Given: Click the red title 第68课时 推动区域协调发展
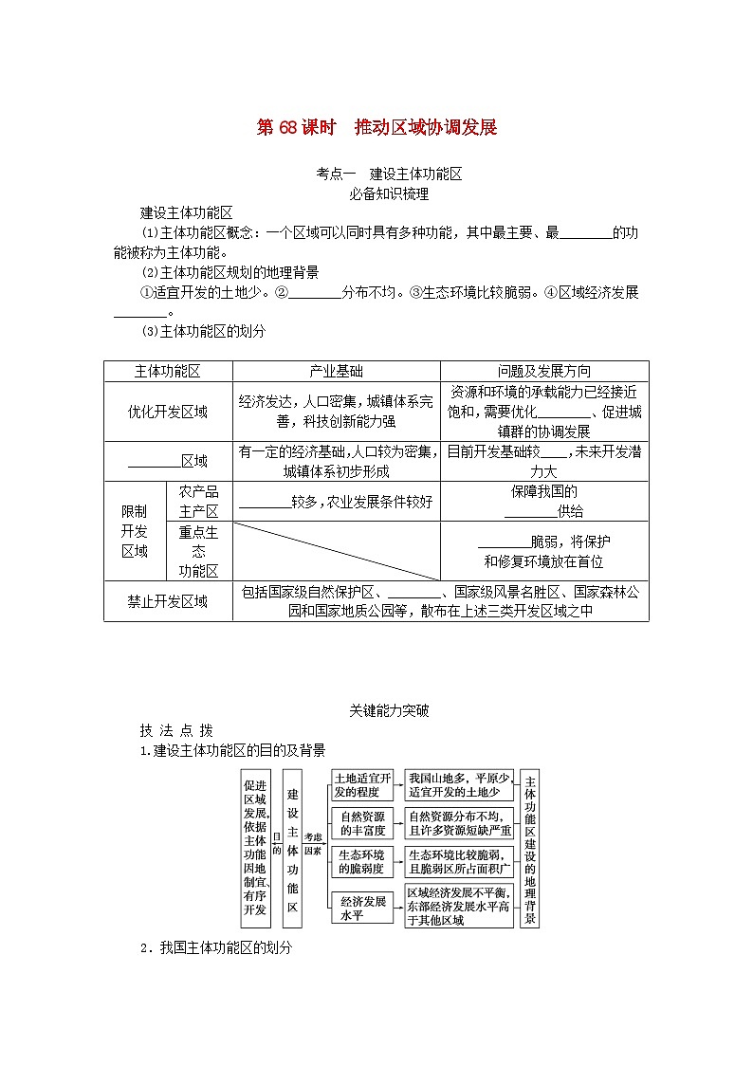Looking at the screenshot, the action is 376,128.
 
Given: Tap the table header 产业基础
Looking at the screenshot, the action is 336,372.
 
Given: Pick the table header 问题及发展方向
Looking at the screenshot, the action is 543,372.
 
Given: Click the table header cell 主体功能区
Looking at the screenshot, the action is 168,372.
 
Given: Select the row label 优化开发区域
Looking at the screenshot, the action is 168,412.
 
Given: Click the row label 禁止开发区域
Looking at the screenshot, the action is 168,601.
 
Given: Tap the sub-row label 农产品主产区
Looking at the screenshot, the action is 198,502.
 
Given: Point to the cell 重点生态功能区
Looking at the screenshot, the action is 198,551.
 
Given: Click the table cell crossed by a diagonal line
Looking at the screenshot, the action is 336,551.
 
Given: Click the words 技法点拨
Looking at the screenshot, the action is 176,730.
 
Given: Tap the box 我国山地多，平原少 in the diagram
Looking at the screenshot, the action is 459,785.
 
